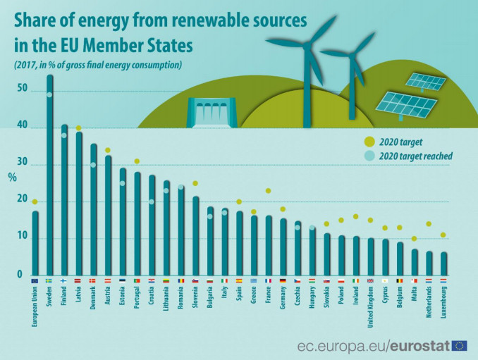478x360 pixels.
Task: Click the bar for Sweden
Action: [49, 176]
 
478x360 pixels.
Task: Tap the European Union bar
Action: [35, 242]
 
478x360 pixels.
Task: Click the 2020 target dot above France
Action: [268, 191]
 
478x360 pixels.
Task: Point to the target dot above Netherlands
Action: [429, 224]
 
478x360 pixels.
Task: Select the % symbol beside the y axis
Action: [11, 177]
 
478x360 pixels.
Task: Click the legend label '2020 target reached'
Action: [416, 156]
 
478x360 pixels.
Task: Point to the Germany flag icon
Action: [283, 282]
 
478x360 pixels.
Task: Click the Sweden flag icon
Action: [49, 282]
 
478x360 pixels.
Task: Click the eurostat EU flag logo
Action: [460, 345]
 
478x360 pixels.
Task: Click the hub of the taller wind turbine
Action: [307, 42]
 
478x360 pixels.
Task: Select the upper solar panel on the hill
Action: [426, 82]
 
